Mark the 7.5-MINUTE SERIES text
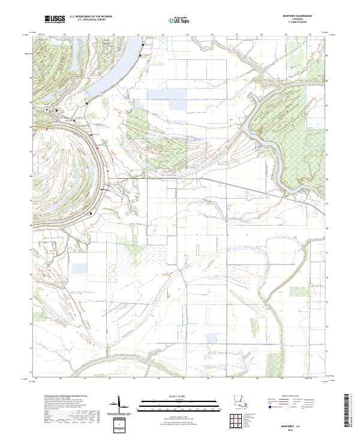click(297, 23)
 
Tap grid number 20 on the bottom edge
click(60, 379)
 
